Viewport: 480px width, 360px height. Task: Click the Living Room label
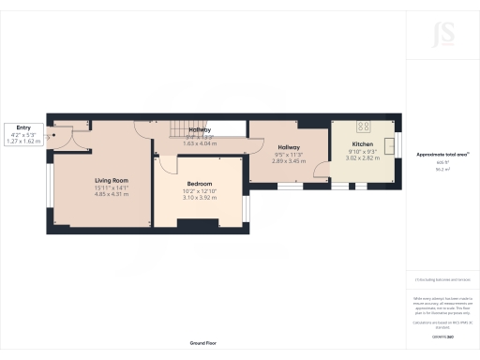(x=112, y=179)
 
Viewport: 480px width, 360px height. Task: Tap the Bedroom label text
(x=199, y=184)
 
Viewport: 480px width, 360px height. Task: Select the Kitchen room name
(x=362, y=144)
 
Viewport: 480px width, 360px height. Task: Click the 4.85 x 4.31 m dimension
(x=112, y=194)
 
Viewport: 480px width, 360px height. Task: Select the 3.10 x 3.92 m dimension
(x=199, y=198)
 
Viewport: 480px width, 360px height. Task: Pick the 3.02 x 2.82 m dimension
(x=363, y=158)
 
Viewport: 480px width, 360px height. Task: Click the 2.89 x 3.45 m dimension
(x=288, y=162)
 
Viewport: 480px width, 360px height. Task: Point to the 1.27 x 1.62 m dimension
(x=23, y=141)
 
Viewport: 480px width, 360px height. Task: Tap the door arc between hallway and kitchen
(x=322, y=168)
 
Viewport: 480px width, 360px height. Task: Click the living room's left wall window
(x=52, y=187)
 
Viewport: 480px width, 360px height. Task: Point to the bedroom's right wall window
(x=246, y=207)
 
